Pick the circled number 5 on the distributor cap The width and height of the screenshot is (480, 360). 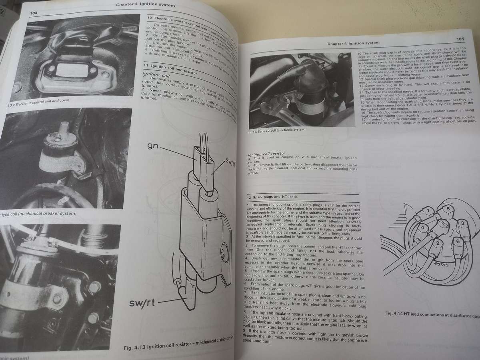click(x=448, y=209)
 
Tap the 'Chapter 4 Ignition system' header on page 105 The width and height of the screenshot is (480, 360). click(x=353, y=42)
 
